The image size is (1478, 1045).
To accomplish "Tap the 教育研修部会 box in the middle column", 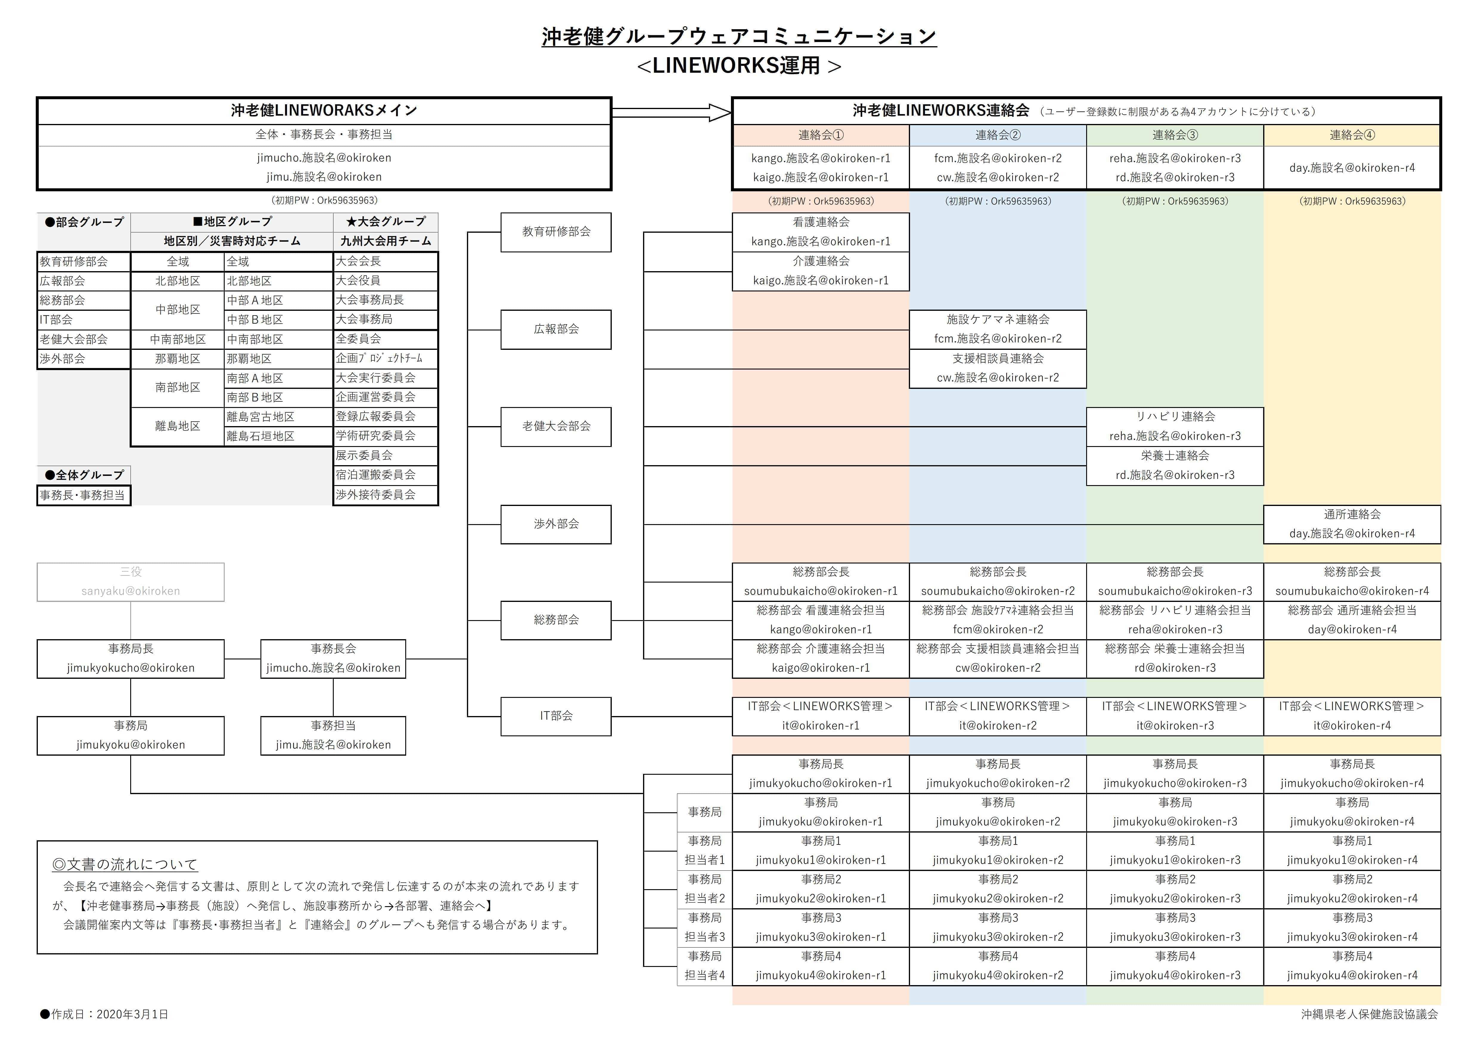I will (555, 232).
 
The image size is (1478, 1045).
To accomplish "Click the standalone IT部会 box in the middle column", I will (555, 716).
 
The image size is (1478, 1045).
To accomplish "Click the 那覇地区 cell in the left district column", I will (178, 359).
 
